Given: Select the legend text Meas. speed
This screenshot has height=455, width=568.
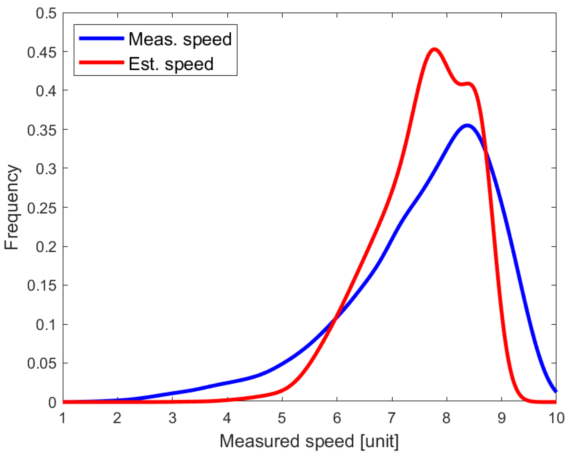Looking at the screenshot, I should pos(180,39).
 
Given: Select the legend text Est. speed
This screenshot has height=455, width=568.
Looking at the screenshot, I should pos(171,64).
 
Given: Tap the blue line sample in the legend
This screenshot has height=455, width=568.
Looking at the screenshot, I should pos(101,39).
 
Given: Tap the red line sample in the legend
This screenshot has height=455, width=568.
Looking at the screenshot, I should pos(101,63).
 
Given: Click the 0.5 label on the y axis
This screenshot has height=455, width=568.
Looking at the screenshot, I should pos(46,13).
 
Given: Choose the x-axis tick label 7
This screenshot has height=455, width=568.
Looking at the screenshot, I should pos(391,418).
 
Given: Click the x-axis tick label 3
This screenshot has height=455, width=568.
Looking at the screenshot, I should pos(172,418).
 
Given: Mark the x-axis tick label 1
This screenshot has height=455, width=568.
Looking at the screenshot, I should pos(63,418).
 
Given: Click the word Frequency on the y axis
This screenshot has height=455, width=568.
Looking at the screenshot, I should pos(11,207).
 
